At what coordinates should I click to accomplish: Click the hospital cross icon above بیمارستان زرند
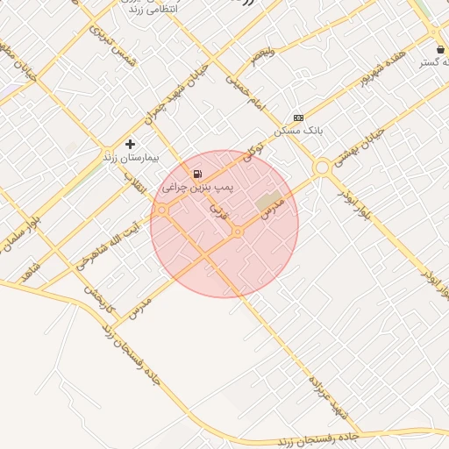131,143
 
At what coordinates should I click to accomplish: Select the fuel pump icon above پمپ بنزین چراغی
198,174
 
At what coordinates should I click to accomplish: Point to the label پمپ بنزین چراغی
196,188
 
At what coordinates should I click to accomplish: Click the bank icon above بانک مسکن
298,117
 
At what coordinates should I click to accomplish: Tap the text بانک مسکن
298,130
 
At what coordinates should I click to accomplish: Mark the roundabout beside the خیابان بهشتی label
322,167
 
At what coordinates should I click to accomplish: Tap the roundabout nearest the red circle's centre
238,232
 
